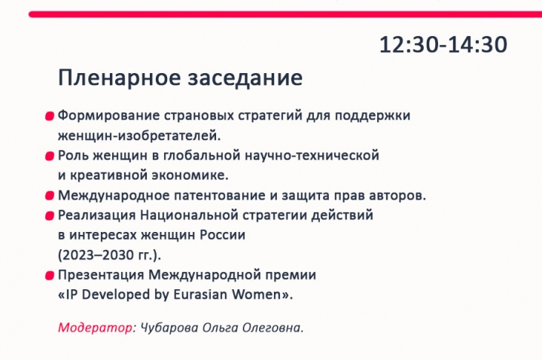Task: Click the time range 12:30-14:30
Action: pyautogui.click(x=443, y=44)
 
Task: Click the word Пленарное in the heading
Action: pyautogui.click(x=120, y=78)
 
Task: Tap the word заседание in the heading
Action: pyautogui.click(x=245, y=78)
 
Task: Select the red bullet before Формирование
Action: pyautogui.click(x=50, y=116)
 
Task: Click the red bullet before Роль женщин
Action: pyautogui.click(x=50, y=156)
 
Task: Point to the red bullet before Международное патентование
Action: pyautogui.click(x=50, y=196)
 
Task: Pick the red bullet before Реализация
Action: pyautogui.click(x=50, y=216)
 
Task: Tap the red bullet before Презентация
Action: pyautogui.click(x=50, y=276)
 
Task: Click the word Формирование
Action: pyautogui.click(x=108, y=115)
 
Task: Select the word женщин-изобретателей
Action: pyautogui.click(x=139, y=136)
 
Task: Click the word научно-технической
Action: pyautogui.click(x=312, y=156)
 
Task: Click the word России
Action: pyautogui.click(x=223, y=235)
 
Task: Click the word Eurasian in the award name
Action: pyautogui.click(x=200, y=294)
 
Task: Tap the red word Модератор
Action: pyautogui.click(x=95, y=327)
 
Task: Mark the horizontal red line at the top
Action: pyautogui.click(x=285, y=14)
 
